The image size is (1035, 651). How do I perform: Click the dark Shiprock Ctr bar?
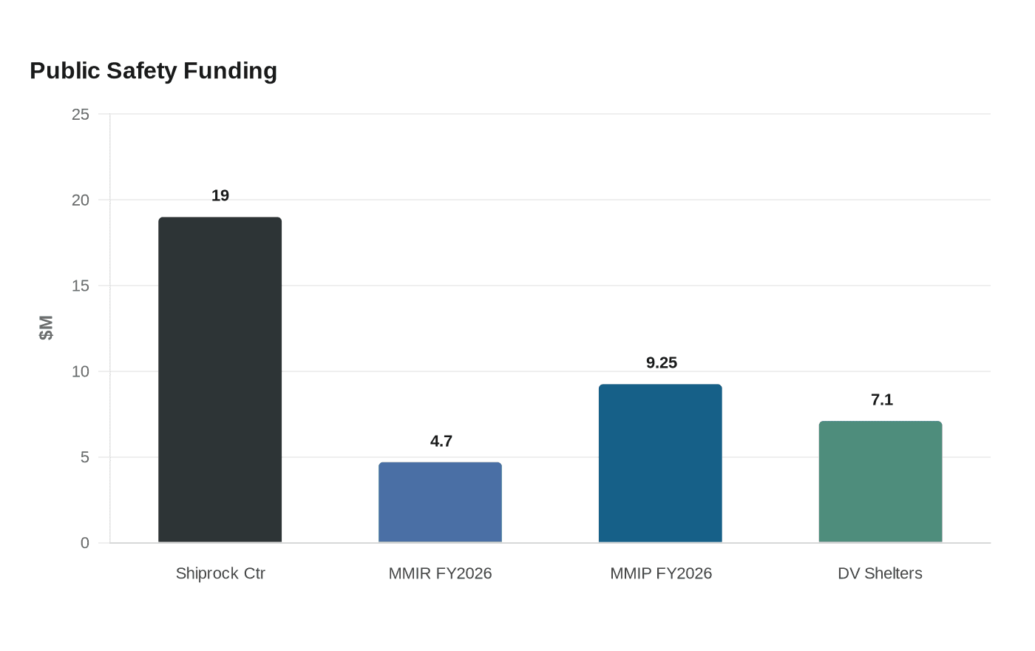(220, 380)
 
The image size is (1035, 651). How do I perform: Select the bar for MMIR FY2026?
(441, 502)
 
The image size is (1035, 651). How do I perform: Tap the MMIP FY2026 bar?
(660, 463)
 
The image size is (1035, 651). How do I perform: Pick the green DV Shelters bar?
(880, 482)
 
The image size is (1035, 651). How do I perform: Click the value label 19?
(220, 195)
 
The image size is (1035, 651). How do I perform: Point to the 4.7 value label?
(441, 441)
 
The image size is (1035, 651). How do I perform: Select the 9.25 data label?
(662, 363)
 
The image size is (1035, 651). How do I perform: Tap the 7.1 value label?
(882, 400)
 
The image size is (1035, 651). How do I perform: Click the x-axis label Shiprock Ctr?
(220, 573)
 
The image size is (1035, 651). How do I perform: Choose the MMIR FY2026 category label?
(441, 573)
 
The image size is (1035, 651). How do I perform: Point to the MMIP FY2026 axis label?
(661, 573)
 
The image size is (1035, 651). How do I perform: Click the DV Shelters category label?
(880, 573)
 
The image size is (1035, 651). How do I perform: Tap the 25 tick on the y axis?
(81, 114)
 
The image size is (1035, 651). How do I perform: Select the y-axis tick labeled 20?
(81, 200)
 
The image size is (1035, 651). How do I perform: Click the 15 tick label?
(81, 286)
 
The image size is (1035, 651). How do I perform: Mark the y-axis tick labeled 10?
(81, 371)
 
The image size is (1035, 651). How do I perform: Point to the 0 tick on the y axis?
(85, 543)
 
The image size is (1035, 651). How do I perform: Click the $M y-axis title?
(46, 328)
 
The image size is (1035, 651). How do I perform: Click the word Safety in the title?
(142, 71)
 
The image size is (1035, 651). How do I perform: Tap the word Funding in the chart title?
(230, 71)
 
